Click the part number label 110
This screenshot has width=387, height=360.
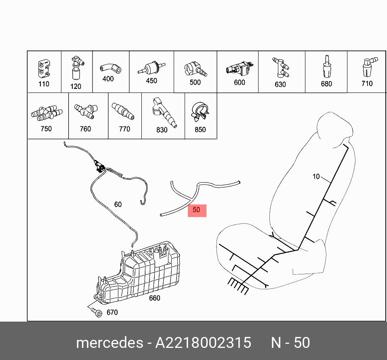(x=44, y=84)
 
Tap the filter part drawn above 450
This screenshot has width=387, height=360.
(x=151, y=68)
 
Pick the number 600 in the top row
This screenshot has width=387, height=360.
(x=240, y=82)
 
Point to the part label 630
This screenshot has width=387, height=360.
(x=280, y=84)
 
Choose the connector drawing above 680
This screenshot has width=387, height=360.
(x=326, y=66)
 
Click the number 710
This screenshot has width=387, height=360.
(x=367, y=84)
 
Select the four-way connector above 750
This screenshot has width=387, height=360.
(x=46, y=113)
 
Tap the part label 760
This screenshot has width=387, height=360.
(x=85, y=129)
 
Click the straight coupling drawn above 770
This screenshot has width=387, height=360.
(x=123, y=111)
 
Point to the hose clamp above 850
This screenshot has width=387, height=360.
(x=200, y=112)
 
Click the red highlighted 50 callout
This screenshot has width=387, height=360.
(x=197, y=211)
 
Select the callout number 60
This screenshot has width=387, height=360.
(x=118, y=204)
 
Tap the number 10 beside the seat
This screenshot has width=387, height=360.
(x=316, y=177)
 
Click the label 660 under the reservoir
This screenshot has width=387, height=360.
(x=154, y=298)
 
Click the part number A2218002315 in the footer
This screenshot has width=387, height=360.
(x=203, y=343)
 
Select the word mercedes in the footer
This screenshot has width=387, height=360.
(x=109, y=343)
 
